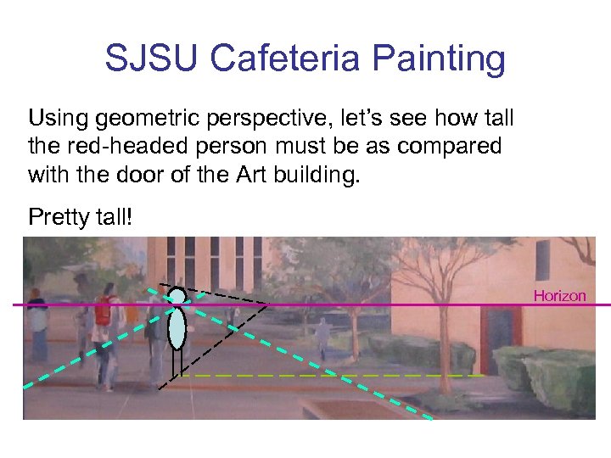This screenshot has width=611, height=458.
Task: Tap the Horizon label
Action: [559, 296]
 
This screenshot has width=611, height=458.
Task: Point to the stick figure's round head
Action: [177, 296]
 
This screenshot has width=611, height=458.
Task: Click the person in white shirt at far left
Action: [37, 327]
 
